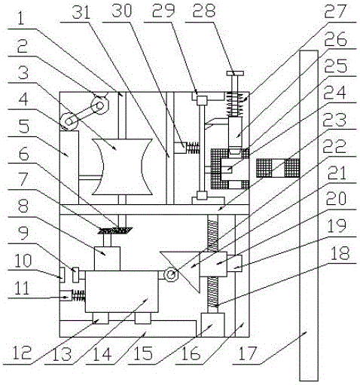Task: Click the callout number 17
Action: click(x=248, y=354)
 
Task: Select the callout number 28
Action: click(x=204, y=11)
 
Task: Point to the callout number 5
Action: click(x=24, y=127)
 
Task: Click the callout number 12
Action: click(x=23, y=353)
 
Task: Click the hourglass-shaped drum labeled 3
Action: click(x=123, y=167)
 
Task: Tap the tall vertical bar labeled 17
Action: click(x=309, y=215)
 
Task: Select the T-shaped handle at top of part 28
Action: click(x=235, y=73)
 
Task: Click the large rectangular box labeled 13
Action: click(x=122, y=292)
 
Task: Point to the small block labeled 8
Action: click(x=107, y=258)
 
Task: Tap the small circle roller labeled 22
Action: click(x=171, y=275)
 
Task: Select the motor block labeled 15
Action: click(x=213, y=325)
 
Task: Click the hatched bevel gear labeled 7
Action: click(x=115, y=230)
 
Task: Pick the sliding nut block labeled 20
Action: click(x=213, y=264)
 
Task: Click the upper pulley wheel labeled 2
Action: click(x=100, y=105)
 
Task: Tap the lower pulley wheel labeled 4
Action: click(x=69, y=121)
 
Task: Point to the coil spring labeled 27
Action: click(x=236, y=104)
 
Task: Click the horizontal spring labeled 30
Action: click(x=192, y=148)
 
